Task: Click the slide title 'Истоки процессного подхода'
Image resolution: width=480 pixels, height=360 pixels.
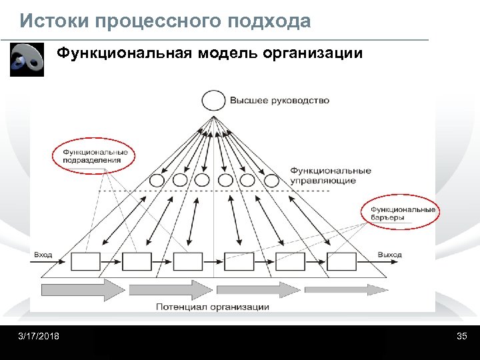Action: tap(165, 21)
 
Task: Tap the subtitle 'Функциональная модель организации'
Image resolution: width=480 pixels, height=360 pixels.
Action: tap(209, 53)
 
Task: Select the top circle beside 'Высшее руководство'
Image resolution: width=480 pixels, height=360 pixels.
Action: tap(213, 101)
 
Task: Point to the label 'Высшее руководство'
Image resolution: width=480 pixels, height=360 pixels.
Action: tap(279, 101)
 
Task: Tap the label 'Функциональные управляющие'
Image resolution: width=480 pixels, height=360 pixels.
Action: tap(331, 176)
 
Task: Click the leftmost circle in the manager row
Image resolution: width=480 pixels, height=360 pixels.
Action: tap(157, 180)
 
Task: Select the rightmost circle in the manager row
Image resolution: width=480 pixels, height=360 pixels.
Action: tap(271, 180)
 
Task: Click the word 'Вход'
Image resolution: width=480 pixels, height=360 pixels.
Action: tap(43, 255)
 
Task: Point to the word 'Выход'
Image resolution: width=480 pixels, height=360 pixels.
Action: tap(389, 255)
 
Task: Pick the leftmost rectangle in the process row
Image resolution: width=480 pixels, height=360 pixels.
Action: tap(85, 261)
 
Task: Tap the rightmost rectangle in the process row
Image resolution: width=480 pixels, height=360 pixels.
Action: tap(341, 261)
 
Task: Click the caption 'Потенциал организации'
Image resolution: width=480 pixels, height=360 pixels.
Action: tap(213, 307)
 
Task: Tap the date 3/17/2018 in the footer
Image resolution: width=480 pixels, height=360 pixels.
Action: tap(39, 336)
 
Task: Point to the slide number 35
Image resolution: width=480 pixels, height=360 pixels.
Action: tap(461, 336)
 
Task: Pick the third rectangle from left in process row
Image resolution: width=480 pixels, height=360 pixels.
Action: tap(188, 261)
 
